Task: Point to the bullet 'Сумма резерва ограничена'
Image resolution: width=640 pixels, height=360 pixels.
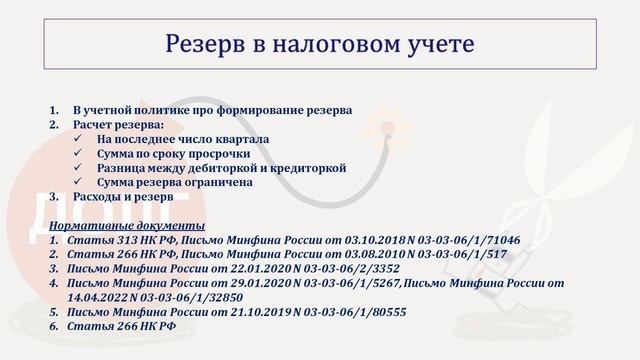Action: pyautogui.click(x=174, y=183)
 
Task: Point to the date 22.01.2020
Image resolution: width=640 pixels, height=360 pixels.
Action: pyautogui.click(x=263, y=270)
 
